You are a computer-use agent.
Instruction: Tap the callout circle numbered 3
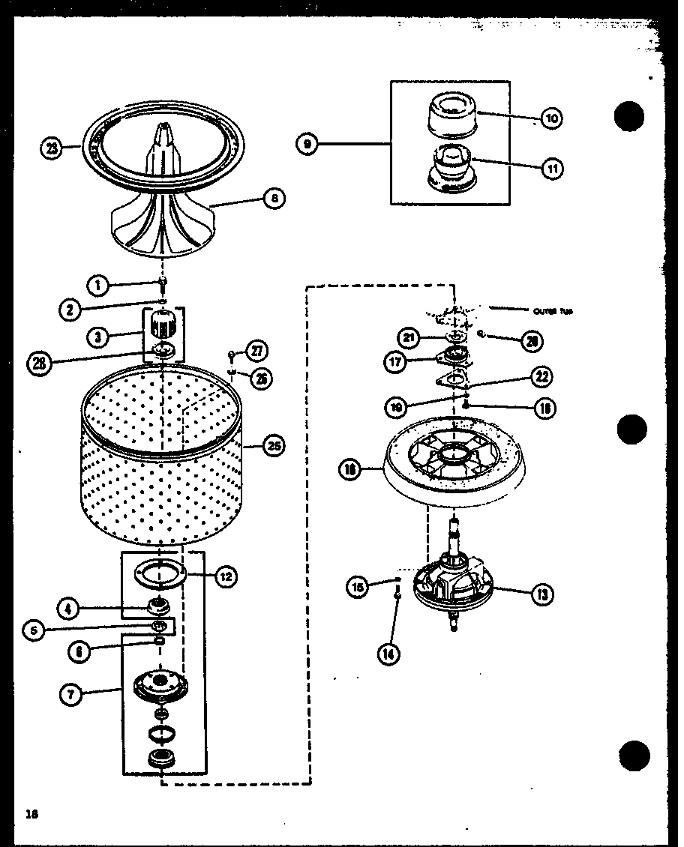coord(98,337)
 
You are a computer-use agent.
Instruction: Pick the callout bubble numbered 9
coord(307,143)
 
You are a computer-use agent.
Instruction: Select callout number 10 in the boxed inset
coord(552,118)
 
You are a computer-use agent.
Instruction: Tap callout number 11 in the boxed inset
coord(552,168)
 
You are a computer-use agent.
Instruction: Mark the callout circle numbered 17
coord(396,361)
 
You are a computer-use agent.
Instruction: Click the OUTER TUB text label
coord(553,311)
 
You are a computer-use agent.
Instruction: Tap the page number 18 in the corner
coord(31,814)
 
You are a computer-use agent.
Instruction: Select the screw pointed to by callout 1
coord(163,283)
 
